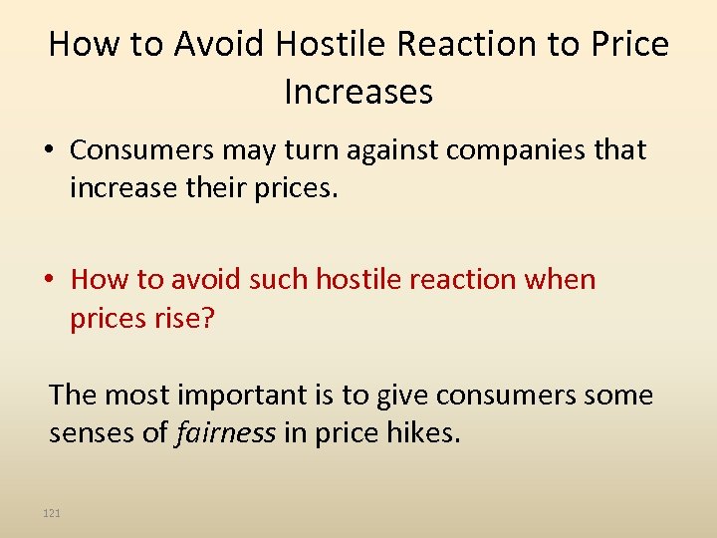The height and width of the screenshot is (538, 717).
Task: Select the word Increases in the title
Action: point(358,92)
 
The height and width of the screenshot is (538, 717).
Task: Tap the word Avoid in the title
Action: point(217,45)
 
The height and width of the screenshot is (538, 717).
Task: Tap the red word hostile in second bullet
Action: point(362,280)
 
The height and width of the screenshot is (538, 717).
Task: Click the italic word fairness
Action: point(224,433)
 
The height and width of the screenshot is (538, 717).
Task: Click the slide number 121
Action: point(52,513)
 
